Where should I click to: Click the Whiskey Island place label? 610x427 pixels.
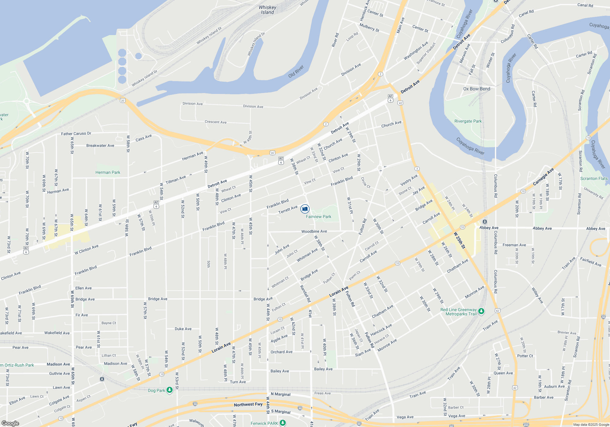coord(267,10)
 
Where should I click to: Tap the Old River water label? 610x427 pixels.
coord(296,71)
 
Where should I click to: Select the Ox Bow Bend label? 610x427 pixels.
coord(477,89)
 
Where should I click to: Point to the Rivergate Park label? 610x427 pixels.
coord(468,121)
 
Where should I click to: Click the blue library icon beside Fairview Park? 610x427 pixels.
coord(305,209)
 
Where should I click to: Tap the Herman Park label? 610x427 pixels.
coord(108,172)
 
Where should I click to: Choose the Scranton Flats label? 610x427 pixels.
coord(594,178)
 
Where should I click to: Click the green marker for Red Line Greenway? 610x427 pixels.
coord(481,311)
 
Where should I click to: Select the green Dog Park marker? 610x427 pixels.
coord(170,390)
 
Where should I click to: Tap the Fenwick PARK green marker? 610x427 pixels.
coord(283,423)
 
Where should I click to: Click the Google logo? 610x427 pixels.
coord(10,423)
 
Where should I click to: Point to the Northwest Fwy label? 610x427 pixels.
coord(248,404)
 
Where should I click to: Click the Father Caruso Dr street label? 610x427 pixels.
coord(76,134)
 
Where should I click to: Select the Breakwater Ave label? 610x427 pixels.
coord(100,145)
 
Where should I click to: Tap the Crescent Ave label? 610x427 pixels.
coord(215,122)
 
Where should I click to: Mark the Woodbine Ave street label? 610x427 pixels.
coord(314,231)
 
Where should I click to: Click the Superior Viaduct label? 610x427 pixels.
coord(426,53)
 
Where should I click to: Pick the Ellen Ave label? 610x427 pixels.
coord(83,288)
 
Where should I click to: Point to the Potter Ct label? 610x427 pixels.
coord(525,356)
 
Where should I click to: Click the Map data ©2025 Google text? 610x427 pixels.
coord(591,425)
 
